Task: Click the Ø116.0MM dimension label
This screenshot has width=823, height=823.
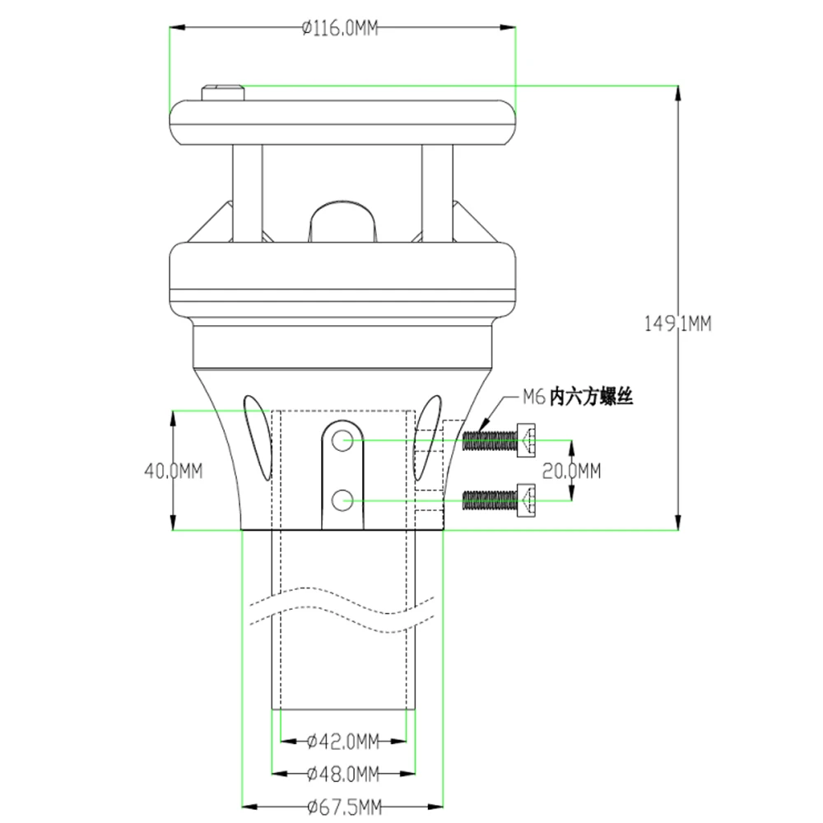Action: point(340,28)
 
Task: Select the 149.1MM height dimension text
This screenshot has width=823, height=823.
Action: point(677,323)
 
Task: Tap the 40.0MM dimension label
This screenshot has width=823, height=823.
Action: point(173,471)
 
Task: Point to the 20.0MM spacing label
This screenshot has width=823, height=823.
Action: point(571,471)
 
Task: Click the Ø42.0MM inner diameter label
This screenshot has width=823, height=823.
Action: point(342,742)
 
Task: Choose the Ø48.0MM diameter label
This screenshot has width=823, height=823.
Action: point(342,773)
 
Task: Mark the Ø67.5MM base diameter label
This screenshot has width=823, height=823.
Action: point(344,807)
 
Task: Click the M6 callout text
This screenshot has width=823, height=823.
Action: point(578,397)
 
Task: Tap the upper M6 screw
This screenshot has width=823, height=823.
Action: point(500,439)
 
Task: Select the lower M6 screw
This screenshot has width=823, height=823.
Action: point(500,500)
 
